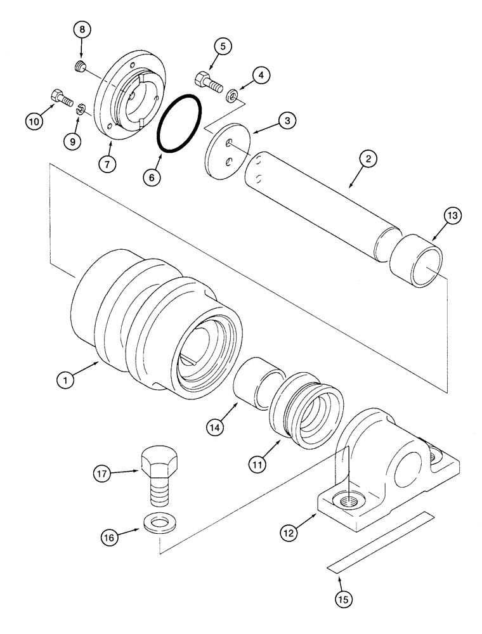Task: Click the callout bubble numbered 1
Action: (64, 382)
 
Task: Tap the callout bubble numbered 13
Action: (453, 216)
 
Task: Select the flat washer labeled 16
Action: (160, 524)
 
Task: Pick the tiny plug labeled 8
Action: (80, 65)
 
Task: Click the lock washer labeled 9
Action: (80, 111)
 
